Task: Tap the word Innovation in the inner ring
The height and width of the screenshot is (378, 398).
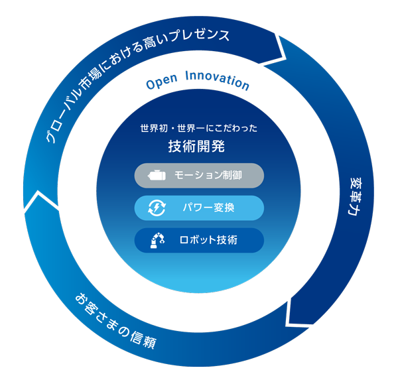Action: coord(216,82)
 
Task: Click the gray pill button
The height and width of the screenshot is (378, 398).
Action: coord(199,176)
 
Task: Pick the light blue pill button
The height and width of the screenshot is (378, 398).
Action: coord(199,208)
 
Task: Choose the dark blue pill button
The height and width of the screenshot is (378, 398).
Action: coord(199,240)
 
